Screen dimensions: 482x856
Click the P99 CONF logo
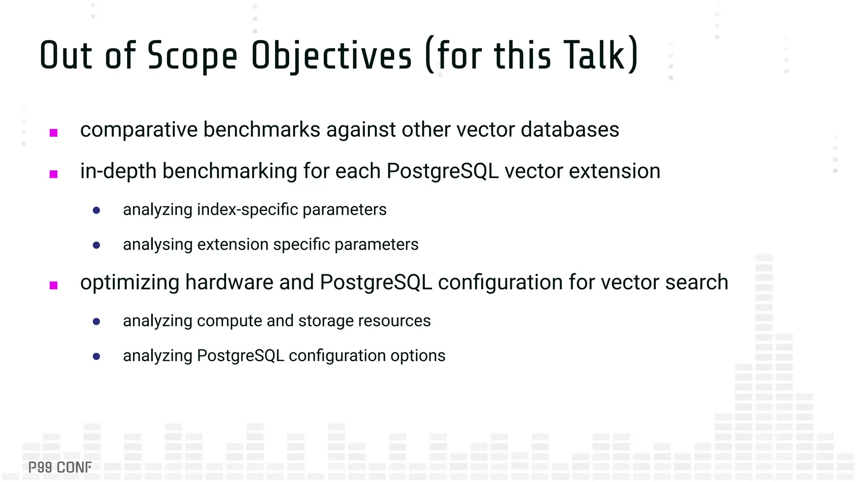(60, 467)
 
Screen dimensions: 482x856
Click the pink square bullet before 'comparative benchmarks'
(53, 133)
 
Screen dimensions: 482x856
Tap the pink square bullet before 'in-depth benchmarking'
(53, 174)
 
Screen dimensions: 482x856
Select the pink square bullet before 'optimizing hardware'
(53, 285)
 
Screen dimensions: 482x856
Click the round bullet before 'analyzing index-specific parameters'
(97, 210)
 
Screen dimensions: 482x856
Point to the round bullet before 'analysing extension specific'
(97, 245)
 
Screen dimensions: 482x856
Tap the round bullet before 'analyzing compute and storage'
(97, 321)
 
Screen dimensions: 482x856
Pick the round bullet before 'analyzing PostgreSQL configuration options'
(97, 356)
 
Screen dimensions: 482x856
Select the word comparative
(138, 130)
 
